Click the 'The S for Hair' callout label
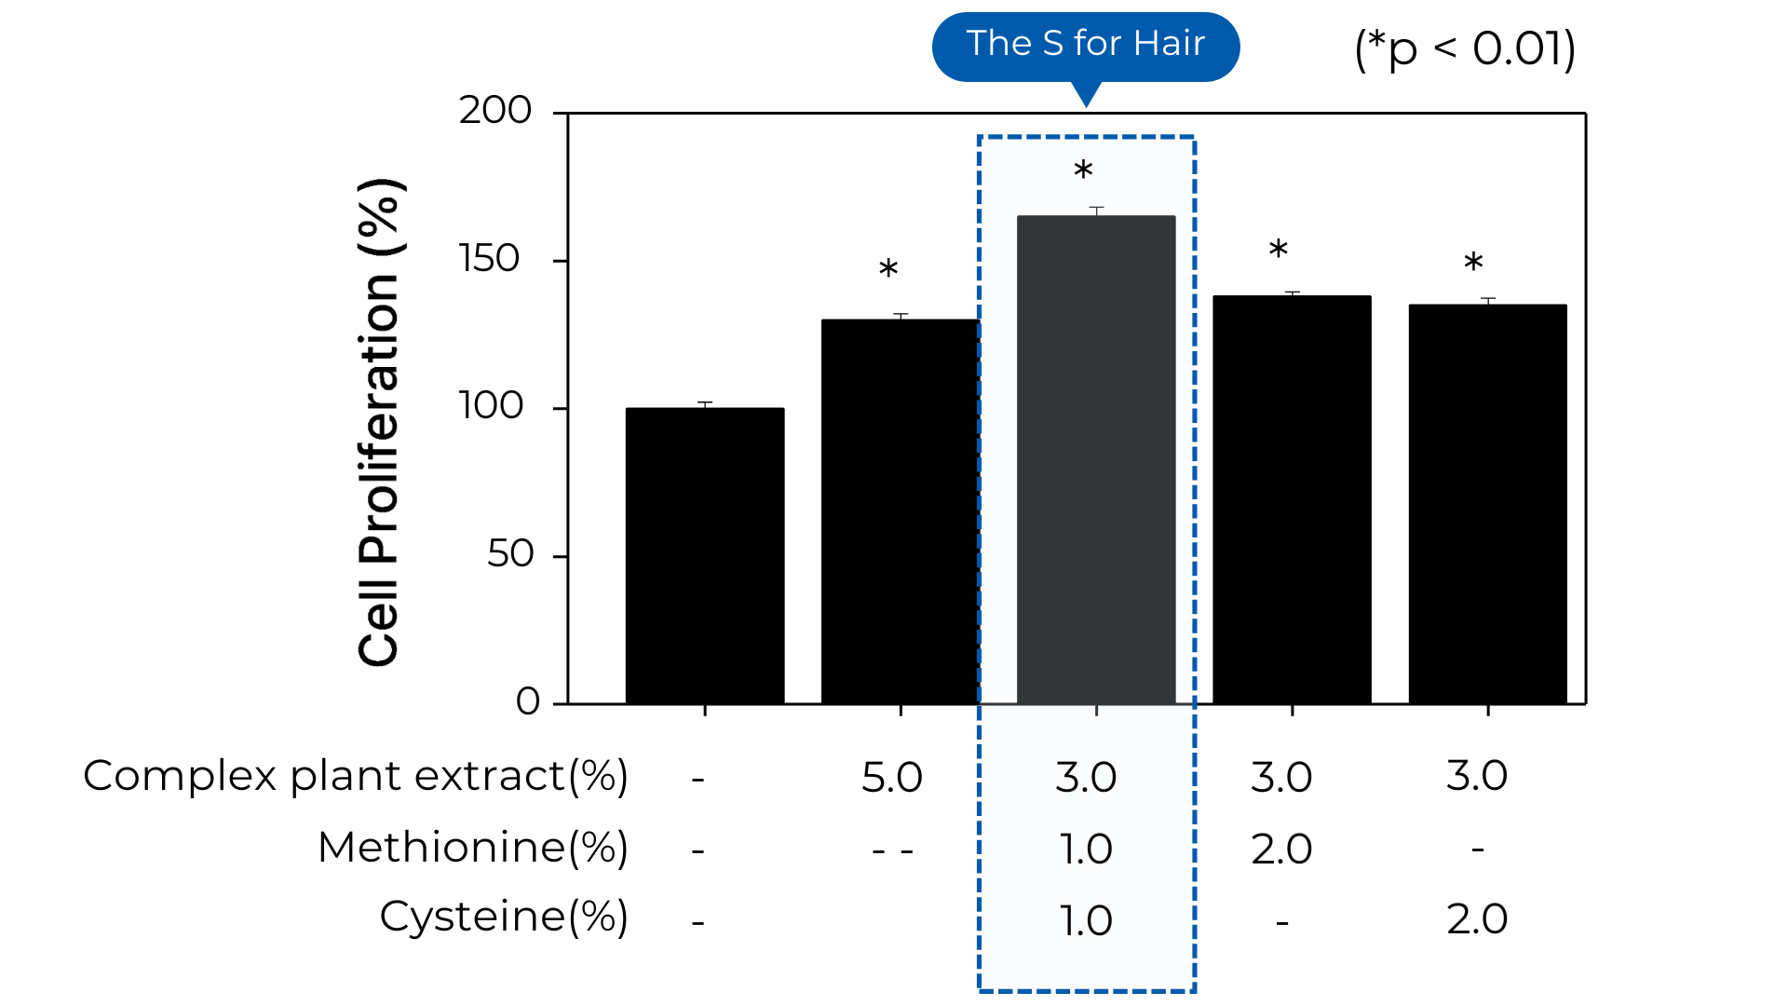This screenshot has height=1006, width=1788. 1085,44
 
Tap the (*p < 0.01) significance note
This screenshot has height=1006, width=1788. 1464,48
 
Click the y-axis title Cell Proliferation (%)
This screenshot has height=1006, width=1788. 380,421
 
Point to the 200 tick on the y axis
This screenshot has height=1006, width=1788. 495,111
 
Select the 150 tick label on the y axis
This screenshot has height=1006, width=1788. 490,259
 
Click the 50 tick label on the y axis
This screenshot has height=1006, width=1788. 510,555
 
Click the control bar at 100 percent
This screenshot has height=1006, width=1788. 705,555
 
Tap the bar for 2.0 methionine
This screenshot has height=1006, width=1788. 1292,499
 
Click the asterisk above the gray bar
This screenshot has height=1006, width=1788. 1083,172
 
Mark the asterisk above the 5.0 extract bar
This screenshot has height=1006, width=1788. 888,271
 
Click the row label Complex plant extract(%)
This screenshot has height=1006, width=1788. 356,776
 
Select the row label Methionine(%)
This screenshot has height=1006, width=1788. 473,848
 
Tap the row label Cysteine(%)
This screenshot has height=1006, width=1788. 504,918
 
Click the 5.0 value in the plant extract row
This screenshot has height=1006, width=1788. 891,778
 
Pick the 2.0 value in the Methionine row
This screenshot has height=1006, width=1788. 1281,850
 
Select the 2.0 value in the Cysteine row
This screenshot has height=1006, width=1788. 1477,919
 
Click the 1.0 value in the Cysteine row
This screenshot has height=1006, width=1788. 1086,921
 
